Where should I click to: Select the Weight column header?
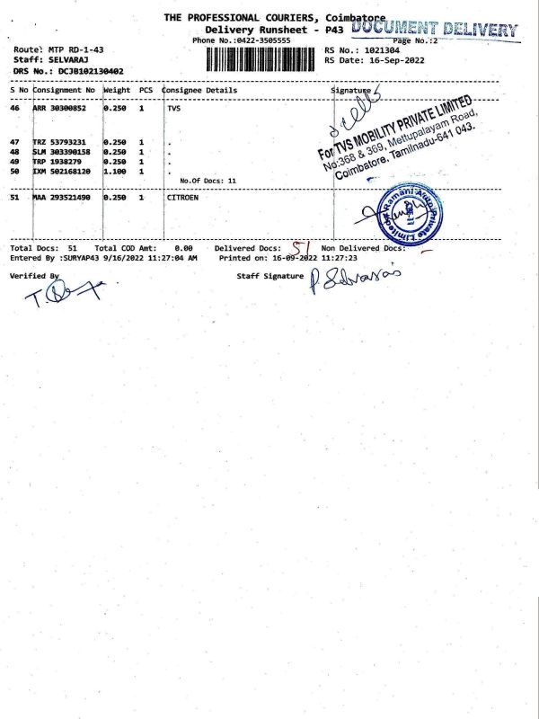118,90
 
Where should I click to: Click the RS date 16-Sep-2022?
387,59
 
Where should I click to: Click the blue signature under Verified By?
62,294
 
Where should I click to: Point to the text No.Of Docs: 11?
208,181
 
